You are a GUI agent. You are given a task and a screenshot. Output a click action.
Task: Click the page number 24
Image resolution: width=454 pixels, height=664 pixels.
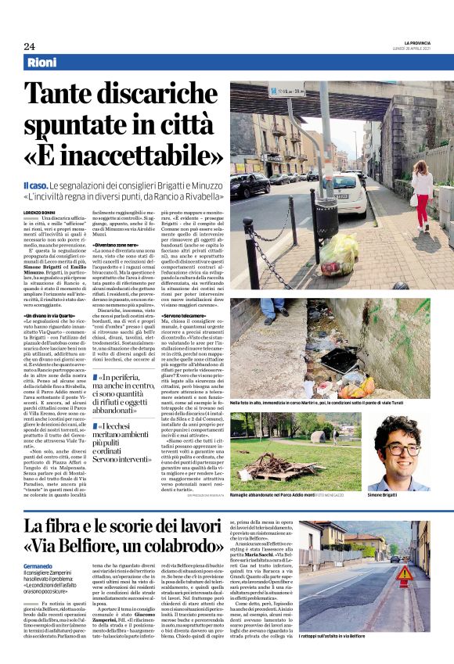click(29, 46)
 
